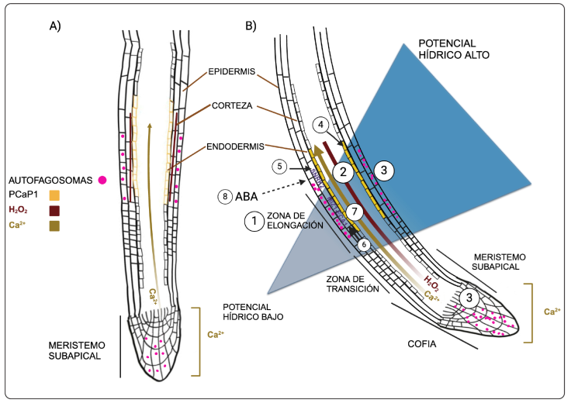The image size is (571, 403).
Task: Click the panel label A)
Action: [x=55, y=25]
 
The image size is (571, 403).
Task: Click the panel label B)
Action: [x=251, y=25]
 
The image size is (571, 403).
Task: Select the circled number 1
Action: [x=253, y=221]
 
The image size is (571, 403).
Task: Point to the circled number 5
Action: [x=279, y=165]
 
